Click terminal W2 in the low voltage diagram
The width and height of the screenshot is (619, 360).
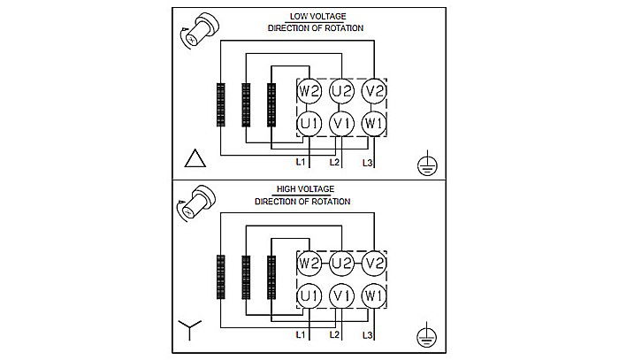coord(309,91)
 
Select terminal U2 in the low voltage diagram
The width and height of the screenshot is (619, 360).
coord(341,91)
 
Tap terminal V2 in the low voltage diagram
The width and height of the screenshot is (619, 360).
coord(374,91)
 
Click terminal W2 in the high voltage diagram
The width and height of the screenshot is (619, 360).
coord(309,264)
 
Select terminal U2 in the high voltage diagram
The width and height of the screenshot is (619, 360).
coord(341,264)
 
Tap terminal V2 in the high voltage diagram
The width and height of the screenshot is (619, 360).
coord(374,264)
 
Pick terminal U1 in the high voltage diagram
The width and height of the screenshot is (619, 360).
coord(309,295)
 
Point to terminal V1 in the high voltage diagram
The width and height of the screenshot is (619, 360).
coord(341,295)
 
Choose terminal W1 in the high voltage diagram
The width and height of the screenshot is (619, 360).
coord(374,295)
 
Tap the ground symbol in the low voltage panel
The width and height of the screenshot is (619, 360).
coord(426,163)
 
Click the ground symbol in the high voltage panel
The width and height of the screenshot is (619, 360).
coord(426,335)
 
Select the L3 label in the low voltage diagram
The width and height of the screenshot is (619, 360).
coord(368,164)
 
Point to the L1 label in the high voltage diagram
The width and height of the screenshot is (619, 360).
coord(301,336)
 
